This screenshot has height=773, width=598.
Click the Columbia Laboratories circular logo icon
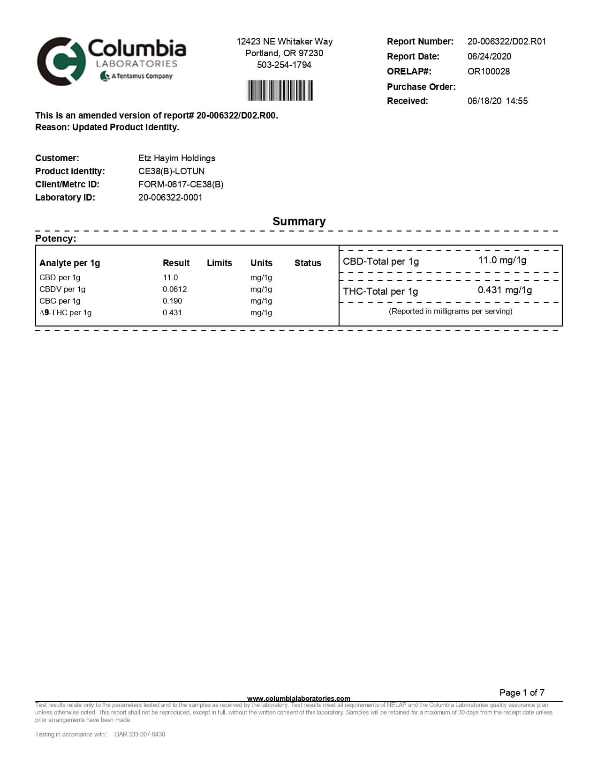pyautogui.click(x=61, y=61)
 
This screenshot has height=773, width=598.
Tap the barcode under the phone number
pyautogui.click(x=280, y=90)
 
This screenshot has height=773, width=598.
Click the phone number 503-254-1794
pyautogui.click(x=284, y=65)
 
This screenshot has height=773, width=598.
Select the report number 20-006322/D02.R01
pyautogui.click(x=507, y=41)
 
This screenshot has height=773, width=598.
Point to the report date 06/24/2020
pyautogui.click(x=489, y=56)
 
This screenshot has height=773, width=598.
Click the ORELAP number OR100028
pyautogui.click(x=488, y=71)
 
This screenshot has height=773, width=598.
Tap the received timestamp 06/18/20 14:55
pyautogui.click(x=497, y=101)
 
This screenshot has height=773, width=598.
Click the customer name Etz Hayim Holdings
pyautogui.click(x=177, y=158)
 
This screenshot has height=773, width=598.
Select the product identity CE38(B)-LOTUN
pyautogui.click(x=171, y=171)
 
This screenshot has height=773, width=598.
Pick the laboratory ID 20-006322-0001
pyautogui.click(x=170, y=197)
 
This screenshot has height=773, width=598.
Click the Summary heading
pyautogui.click(x=299, y=221)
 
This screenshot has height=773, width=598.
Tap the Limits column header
pyautogui.click(x=219, y=263)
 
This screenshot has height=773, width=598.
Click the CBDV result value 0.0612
pyautogui.click(x=174, y=289)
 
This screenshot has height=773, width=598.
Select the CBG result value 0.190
pyautogui.click(x=172, y=301)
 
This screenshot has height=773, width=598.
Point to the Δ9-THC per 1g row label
pyautogui.click(x=65, y=312)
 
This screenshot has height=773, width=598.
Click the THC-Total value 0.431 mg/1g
pyautogui.click(x=505, y=290)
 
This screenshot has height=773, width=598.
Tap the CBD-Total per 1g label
pyautogui.click(x=380, y=261)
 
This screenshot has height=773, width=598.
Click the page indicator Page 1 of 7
pyautogui.click(x=522, y=692)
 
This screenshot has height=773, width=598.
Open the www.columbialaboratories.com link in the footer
pyautogui.click(x=298, y=699)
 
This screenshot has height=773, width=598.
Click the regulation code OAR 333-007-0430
pyautogui.click(x=139, y=734)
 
